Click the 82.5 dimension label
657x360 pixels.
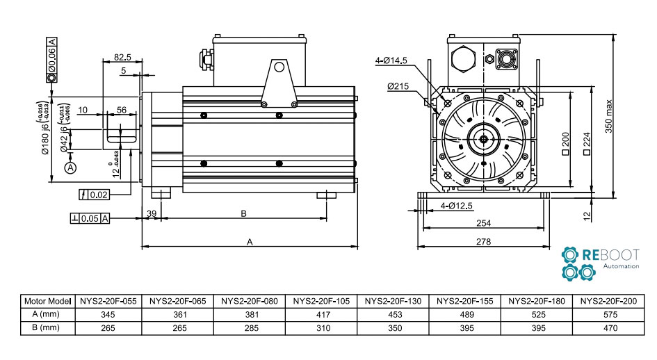tap(122, 57)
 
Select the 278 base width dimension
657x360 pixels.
tap(483, 242)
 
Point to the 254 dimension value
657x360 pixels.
tap(483, 224)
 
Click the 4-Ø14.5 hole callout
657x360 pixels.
tap(391, 60)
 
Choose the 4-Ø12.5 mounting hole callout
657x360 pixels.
tap(457, 206)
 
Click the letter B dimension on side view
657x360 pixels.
tap(243, 214)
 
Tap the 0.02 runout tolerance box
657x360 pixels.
tap(95, 195)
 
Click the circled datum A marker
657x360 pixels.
tap(70, 167)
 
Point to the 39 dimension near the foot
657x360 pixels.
tap(151, 213)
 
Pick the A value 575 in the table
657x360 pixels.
tap(610, 314)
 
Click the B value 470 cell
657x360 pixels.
tap(610, 327)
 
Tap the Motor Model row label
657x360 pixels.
tap(48, 301)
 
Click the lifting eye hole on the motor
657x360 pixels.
tap(279, 67)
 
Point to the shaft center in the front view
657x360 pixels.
tap(483, 138)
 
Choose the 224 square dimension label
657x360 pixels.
tap(587, 144)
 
